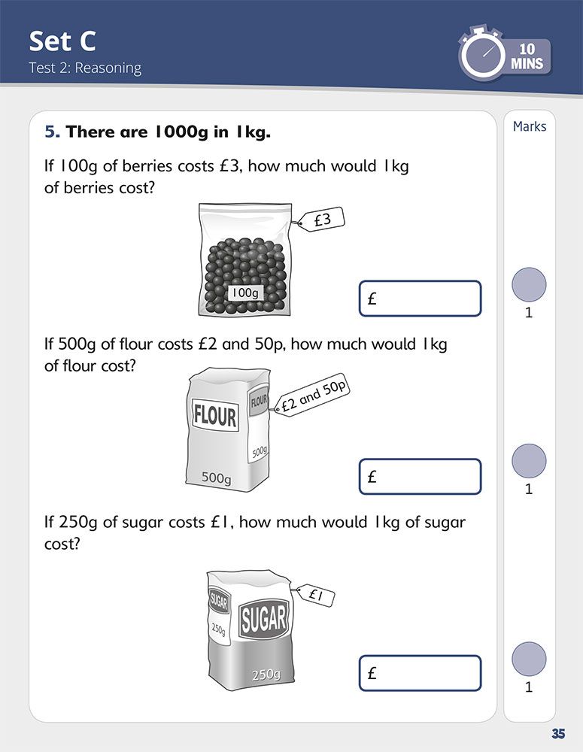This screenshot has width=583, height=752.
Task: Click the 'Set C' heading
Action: point(62,41)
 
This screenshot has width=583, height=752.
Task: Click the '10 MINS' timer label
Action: point(527,56)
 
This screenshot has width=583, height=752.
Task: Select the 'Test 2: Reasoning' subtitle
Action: point(85,68)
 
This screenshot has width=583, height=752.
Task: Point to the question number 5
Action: point(53,132)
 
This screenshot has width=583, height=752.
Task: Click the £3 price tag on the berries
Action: point(320,220)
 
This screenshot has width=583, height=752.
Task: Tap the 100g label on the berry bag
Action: point(244,293)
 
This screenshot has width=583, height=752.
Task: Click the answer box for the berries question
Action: point(420,299)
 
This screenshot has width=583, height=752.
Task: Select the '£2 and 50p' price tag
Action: point(312,395)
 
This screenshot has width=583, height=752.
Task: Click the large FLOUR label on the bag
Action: point(215,415)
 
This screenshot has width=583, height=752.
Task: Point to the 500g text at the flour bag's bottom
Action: point(216,478)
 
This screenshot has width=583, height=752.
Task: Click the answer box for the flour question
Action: point(420,476)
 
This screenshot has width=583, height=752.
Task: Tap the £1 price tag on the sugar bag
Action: point(315,596)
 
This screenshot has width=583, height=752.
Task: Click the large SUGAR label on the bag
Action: point(263,619)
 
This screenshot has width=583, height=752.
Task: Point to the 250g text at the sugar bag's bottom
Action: point(266,675)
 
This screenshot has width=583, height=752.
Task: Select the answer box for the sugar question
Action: point(420,673)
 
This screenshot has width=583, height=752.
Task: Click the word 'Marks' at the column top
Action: point(530,126)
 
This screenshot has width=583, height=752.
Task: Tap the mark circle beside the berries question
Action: point(529,285)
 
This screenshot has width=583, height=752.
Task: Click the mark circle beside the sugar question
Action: point(529,660)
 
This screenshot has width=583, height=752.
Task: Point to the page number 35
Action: point(558,734)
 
